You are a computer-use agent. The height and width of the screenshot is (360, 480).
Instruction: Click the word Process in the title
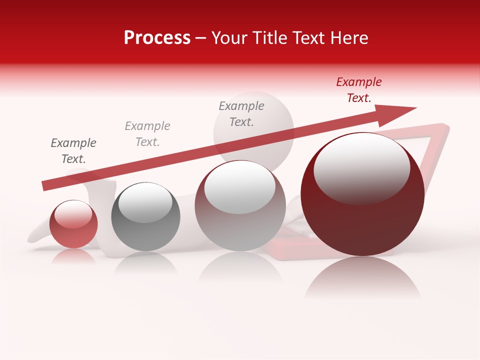[x=157, y=37]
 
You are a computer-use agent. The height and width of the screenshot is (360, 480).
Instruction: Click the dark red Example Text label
[x=359, y=90]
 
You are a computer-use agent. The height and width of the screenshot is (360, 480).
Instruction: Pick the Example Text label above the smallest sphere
[x=73, y=151]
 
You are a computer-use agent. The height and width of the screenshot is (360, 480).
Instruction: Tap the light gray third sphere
[x=240, y=220]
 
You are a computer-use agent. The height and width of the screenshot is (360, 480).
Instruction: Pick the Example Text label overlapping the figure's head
[x=241, y=113]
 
